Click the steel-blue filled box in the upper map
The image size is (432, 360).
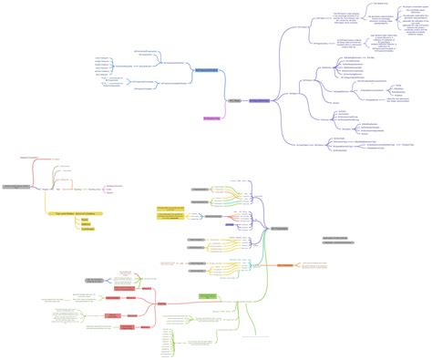pos(206,69)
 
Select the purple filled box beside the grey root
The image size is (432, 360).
pos(259,100)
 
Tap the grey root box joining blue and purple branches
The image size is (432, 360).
pos(233,100)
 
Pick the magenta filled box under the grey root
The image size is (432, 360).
pos(211,118)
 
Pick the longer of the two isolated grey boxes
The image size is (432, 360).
pos(339,243)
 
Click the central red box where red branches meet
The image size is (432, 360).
pos(162,303)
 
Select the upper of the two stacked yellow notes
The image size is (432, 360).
pos(171,209)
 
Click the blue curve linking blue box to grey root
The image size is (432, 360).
pos(221,87)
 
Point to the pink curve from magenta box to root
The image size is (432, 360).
pos(222,111)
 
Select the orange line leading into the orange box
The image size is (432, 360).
pos(271,265)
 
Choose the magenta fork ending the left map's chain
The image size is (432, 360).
pos(101,187)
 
